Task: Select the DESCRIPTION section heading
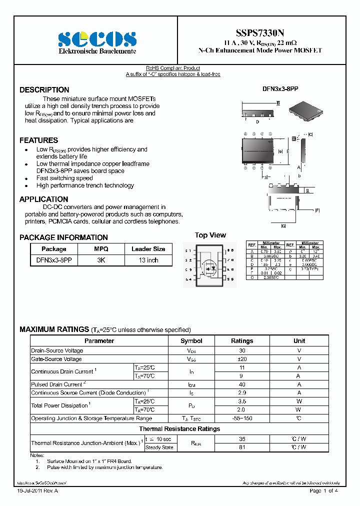(44, 90)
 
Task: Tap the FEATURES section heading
(38, 140)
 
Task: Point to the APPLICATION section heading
(43, 199)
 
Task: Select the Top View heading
(210, 235)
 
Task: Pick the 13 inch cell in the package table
(148, 260)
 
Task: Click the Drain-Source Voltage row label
(57, 350)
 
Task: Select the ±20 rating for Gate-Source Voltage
(242, 359)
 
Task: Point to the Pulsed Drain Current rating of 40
(242, 384)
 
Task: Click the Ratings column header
(242, 341)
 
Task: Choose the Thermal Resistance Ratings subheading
(179, 429)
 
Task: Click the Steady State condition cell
(159, 447)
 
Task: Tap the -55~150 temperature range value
(242, 418)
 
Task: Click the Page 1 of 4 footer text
(324, 491)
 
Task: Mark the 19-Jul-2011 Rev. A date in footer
(36, 491)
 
